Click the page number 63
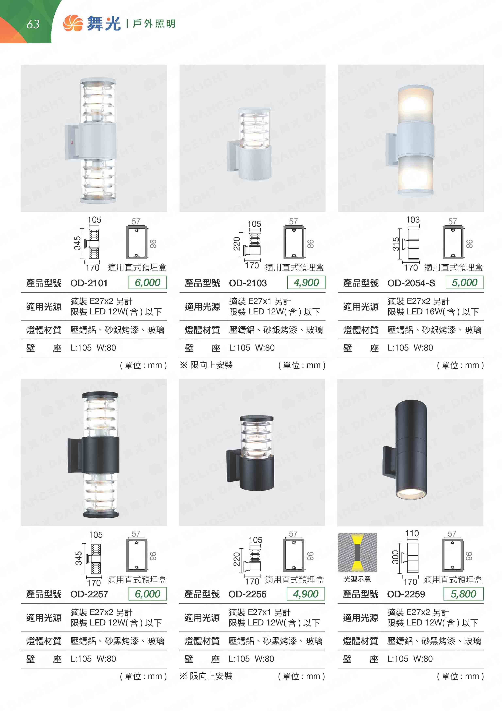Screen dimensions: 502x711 (x=33, y=24)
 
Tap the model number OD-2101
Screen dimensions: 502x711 (x=89, y=283)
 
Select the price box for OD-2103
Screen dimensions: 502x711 (x=306, y=282)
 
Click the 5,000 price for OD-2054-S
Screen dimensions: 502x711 (x=465, y=282)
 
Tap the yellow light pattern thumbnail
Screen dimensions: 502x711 (x=357, y=553)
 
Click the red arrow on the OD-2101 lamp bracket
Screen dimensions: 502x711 (x=72, y=142)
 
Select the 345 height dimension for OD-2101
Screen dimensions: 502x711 (x=77, y=243)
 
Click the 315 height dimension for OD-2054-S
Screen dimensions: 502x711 (x=396, y=244)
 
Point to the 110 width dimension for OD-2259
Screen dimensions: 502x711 (x=412, y=533)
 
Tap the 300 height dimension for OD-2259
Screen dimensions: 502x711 (x=395, y=557)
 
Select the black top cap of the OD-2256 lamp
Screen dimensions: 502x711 (x=256, y=418)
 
